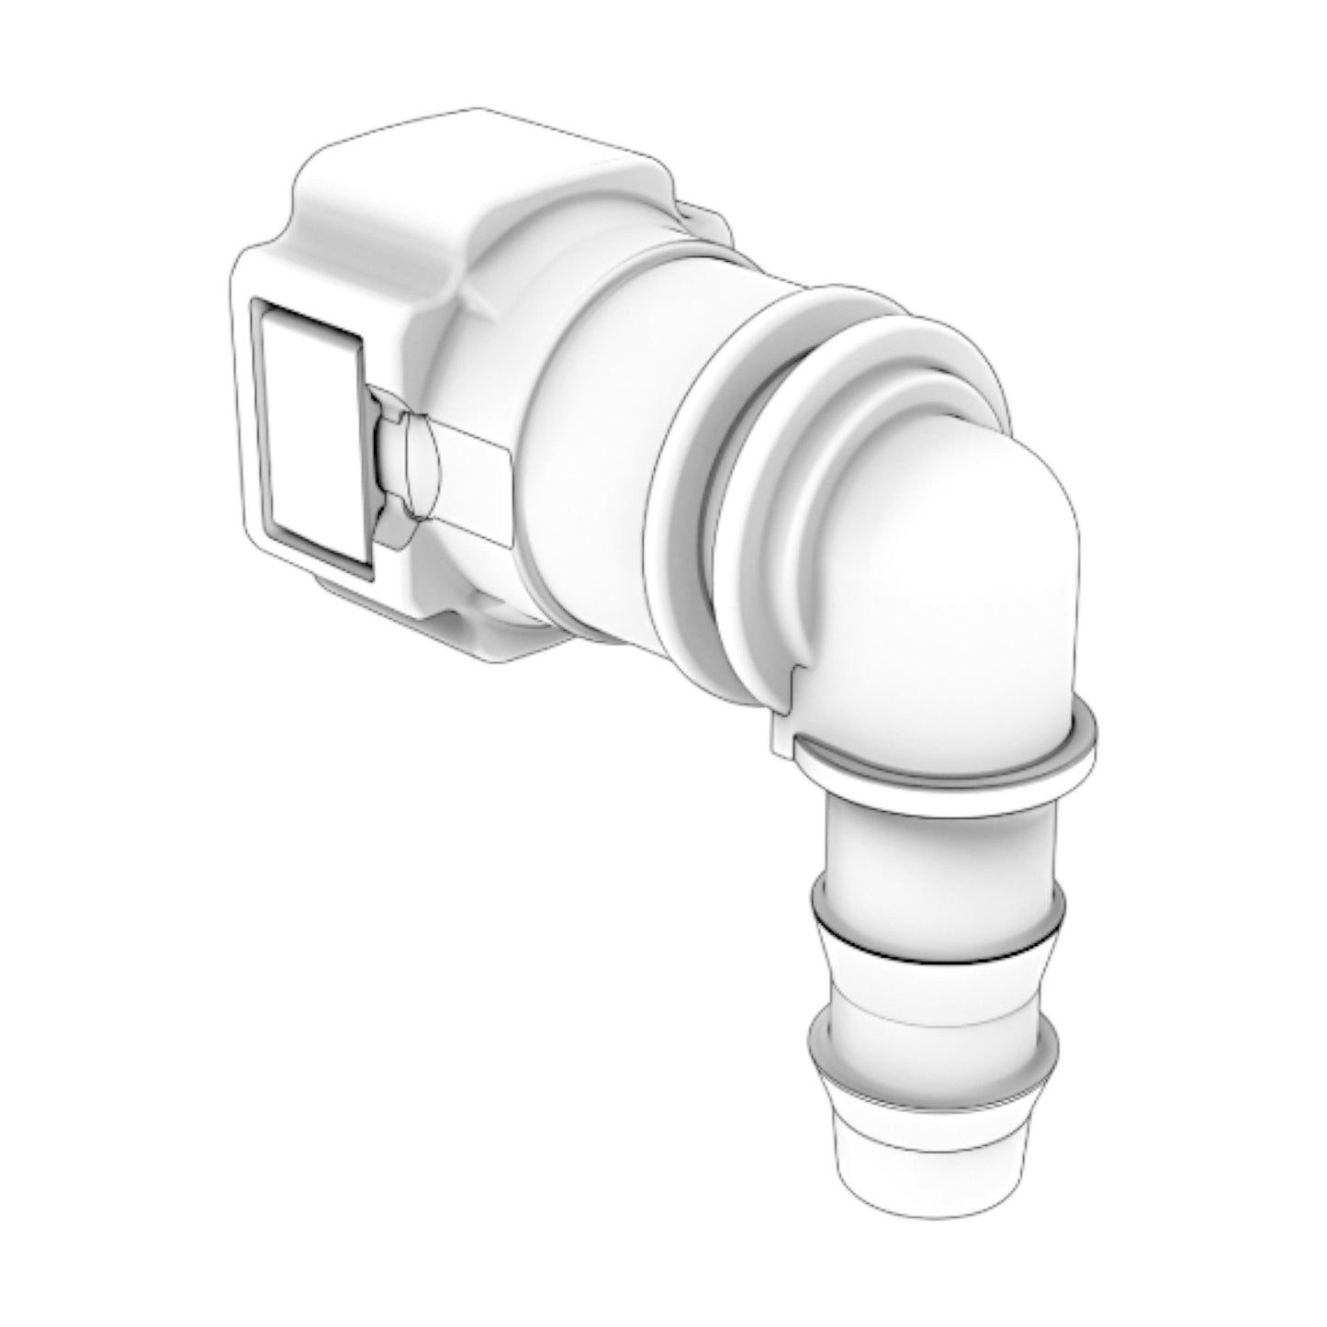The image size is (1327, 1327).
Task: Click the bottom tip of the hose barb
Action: pyautogui.click(x=932, y=1185)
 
